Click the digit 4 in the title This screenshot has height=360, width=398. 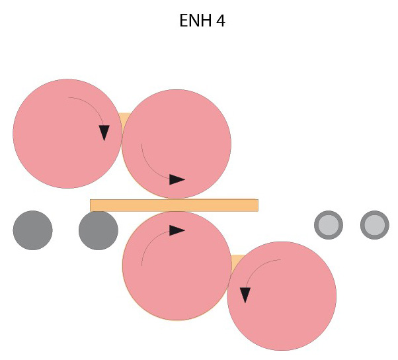click(221, 21)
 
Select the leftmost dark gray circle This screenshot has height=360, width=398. click(32, 230)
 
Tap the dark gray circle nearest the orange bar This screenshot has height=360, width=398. click(99, 230)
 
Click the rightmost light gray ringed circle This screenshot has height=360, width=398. click(375, 225)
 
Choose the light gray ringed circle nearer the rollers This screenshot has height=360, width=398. click(329, 225)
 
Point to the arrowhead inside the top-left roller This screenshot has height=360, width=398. click(104, 132)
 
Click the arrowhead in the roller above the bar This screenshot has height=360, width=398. click(177, 179)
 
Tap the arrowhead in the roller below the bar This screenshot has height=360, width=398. click(177, 230)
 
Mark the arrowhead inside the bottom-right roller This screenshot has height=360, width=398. click(245, 295)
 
